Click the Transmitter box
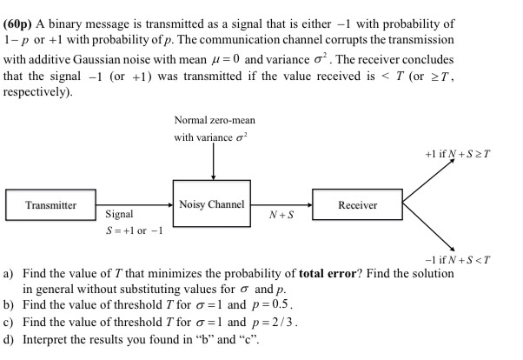coord(50,205)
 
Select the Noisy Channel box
coord(211,204)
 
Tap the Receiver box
coord(357,205)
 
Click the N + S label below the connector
coord(282,214)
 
